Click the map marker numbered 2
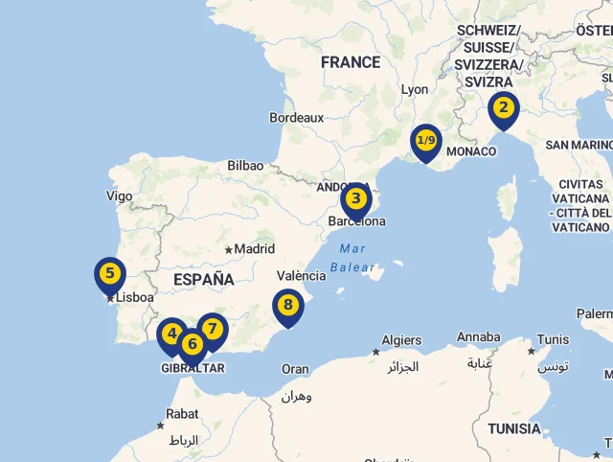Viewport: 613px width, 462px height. (504, 108)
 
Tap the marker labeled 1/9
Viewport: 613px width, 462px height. (425, 141)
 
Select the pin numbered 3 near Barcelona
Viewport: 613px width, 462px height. (355, 199)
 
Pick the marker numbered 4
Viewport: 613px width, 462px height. (171, 335)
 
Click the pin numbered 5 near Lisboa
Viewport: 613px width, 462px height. (110, 274)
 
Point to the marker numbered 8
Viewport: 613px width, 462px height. (287, 306)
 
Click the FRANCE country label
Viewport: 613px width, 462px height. (351, 62)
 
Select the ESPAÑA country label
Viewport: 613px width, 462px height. (203, 279)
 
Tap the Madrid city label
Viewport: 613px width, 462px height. (254, 249)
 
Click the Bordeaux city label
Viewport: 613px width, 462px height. (297, 118)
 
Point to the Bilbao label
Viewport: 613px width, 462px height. (245, 166)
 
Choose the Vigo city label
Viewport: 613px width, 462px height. (120, 196)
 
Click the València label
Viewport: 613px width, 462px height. (301, 275)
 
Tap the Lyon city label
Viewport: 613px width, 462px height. (415, 89)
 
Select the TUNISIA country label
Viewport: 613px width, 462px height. (513, 428)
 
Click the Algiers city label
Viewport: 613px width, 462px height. (401, 340)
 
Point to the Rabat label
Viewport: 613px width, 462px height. (182, 414)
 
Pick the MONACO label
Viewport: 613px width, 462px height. (471, 151)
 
